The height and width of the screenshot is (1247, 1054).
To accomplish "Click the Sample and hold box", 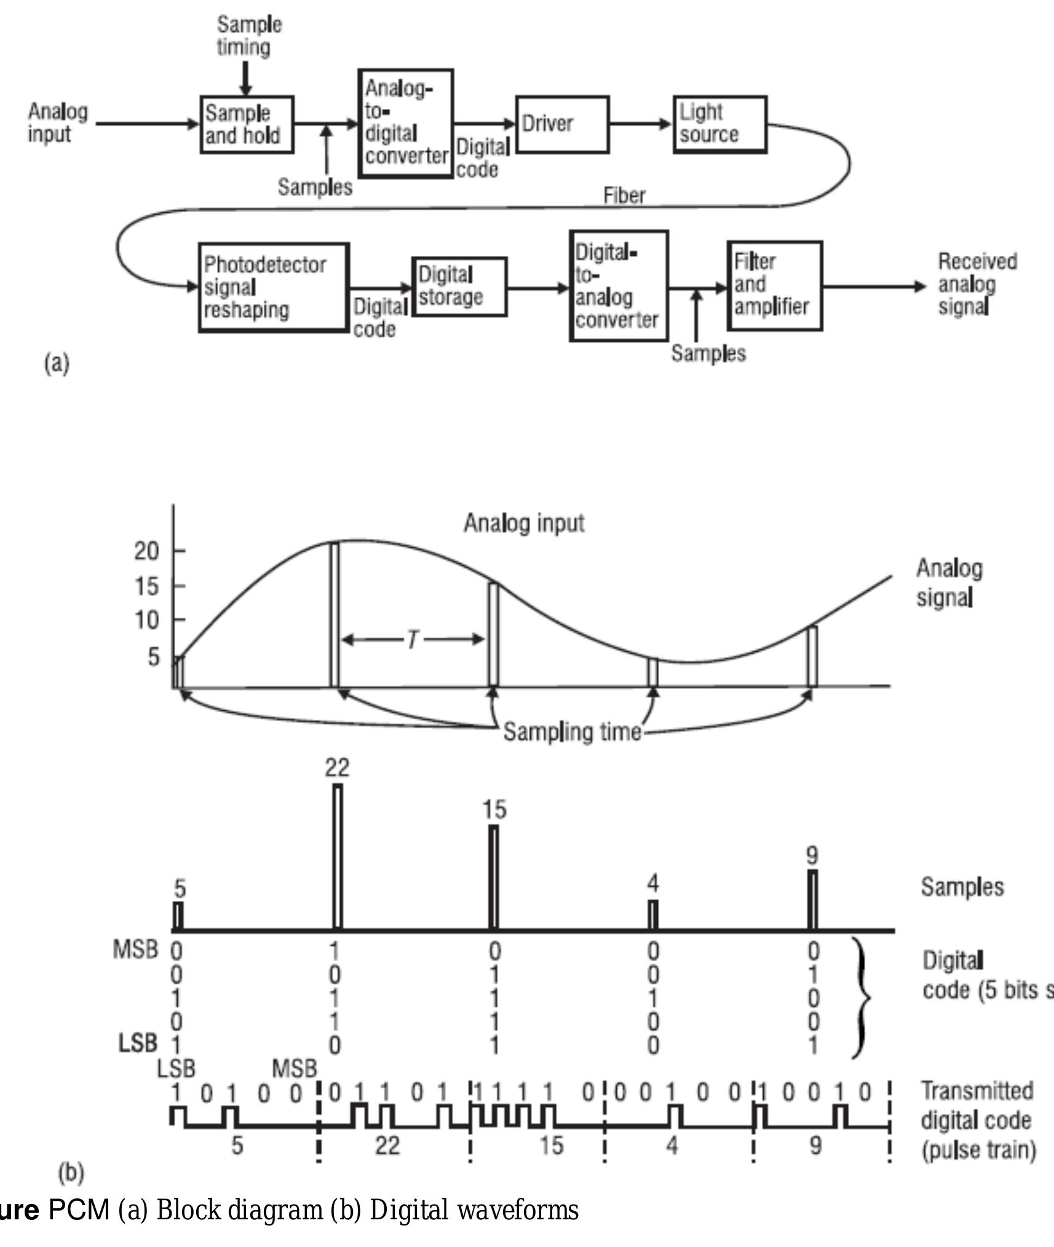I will tap(247, 124).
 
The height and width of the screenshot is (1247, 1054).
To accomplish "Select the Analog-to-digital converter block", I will tap(406, 123).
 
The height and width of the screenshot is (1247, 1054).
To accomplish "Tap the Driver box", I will tap(562, 124).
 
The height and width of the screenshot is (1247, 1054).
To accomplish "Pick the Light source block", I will tap(719, 124).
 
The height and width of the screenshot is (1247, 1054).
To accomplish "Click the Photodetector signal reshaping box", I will tap(274, 287).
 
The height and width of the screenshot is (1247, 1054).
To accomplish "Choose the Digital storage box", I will tap(459, 287).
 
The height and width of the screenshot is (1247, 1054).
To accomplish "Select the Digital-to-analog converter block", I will tap(619, 286).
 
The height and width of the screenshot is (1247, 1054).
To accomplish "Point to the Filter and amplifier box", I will tap(774, 286).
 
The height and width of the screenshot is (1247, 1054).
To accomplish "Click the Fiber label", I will tap(624, 196).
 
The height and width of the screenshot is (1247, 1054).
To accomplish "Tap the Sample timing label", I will tap(248, 36).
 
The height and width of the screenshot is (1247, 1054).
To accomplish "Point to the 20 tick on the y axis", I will tap(147, 551).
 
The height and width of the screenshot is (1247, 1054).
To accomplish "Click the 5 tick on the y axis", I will tap(153, 657).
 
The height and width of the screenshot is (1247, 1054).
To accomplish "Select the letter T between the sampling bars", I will tap(412, 640).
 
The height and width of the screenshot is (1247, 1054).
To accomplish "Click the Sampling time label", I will tap(572, 732).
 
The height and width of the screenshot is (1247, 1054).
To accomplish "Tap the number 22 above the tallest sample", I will tap(337, 767).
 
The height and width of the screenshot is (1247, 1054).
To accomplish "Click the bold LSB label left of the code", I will tap(138, 1043).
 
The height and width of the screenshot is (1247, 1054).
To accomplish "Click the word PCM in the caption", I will tap(78, 1210).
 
